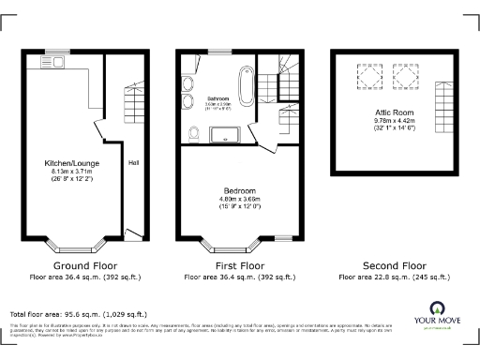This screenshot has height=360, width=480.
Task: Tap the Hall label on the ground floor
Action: tap(133, 171)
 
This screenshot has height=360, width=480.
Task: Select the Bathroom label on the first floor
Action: tap(218, 97)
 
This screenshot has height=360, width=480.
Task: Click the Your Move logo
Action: tap(436, 315)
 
